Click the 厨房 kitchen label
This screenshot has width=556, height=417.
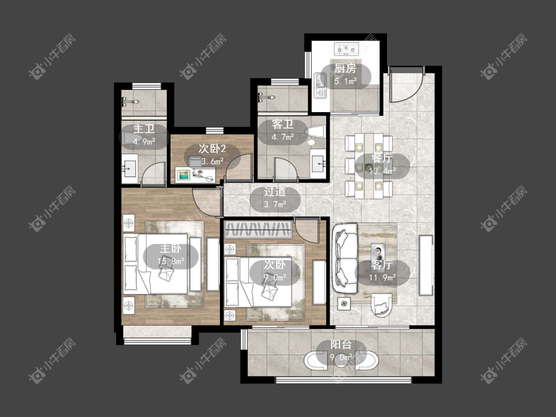345,69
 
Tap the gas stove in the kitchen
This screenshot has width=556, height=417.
346,49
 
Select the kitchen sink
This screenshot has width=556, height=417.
321,85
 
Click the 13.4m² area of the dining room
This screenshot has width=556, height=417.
382,171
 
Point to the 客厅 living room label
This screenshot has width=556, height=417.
382,264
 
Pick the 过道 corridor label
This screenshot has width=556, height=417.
275,192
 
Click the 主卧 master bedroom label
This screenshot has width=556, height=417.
171,248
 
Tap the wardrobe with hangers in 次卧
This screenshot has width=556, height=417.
258,229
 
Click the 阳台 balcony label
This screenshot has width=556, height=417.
341,344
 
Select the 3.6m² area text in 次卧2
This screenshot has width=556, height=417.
213,162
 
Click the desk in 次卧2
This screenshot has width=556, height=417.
196,175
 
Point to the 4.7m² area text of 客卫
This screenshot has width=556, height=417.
283,137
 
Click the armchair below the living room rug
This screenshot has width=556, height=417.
382,304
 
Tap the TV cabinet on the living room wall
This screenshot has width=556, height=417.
426,265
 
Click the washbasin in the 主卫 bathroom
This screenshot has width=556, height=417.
130,169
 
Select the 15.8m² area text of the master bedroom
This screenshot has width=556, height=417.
171,261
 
